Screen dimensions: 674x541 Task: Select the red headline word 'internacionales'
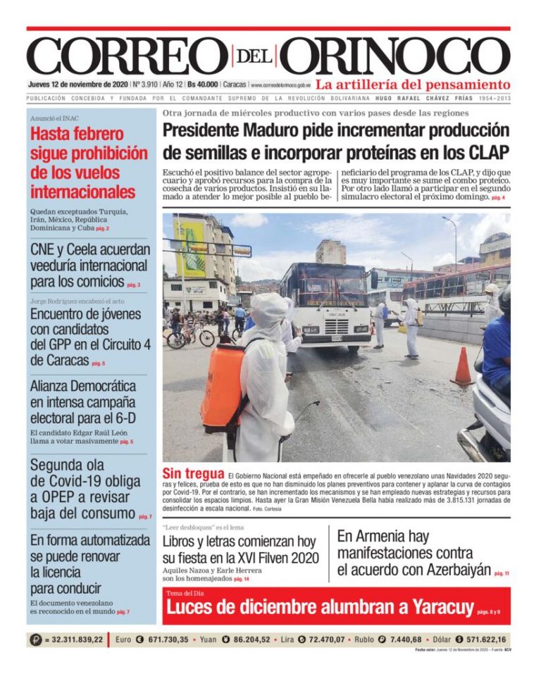coord(83,192)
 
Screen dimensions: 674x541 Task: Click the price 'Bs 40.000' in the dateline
coord(202,85)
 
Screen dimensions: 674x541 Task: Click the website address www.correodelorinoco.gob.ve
coord(280,85)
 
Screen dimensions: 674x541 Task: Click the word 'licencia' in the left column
coord(56,572)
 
